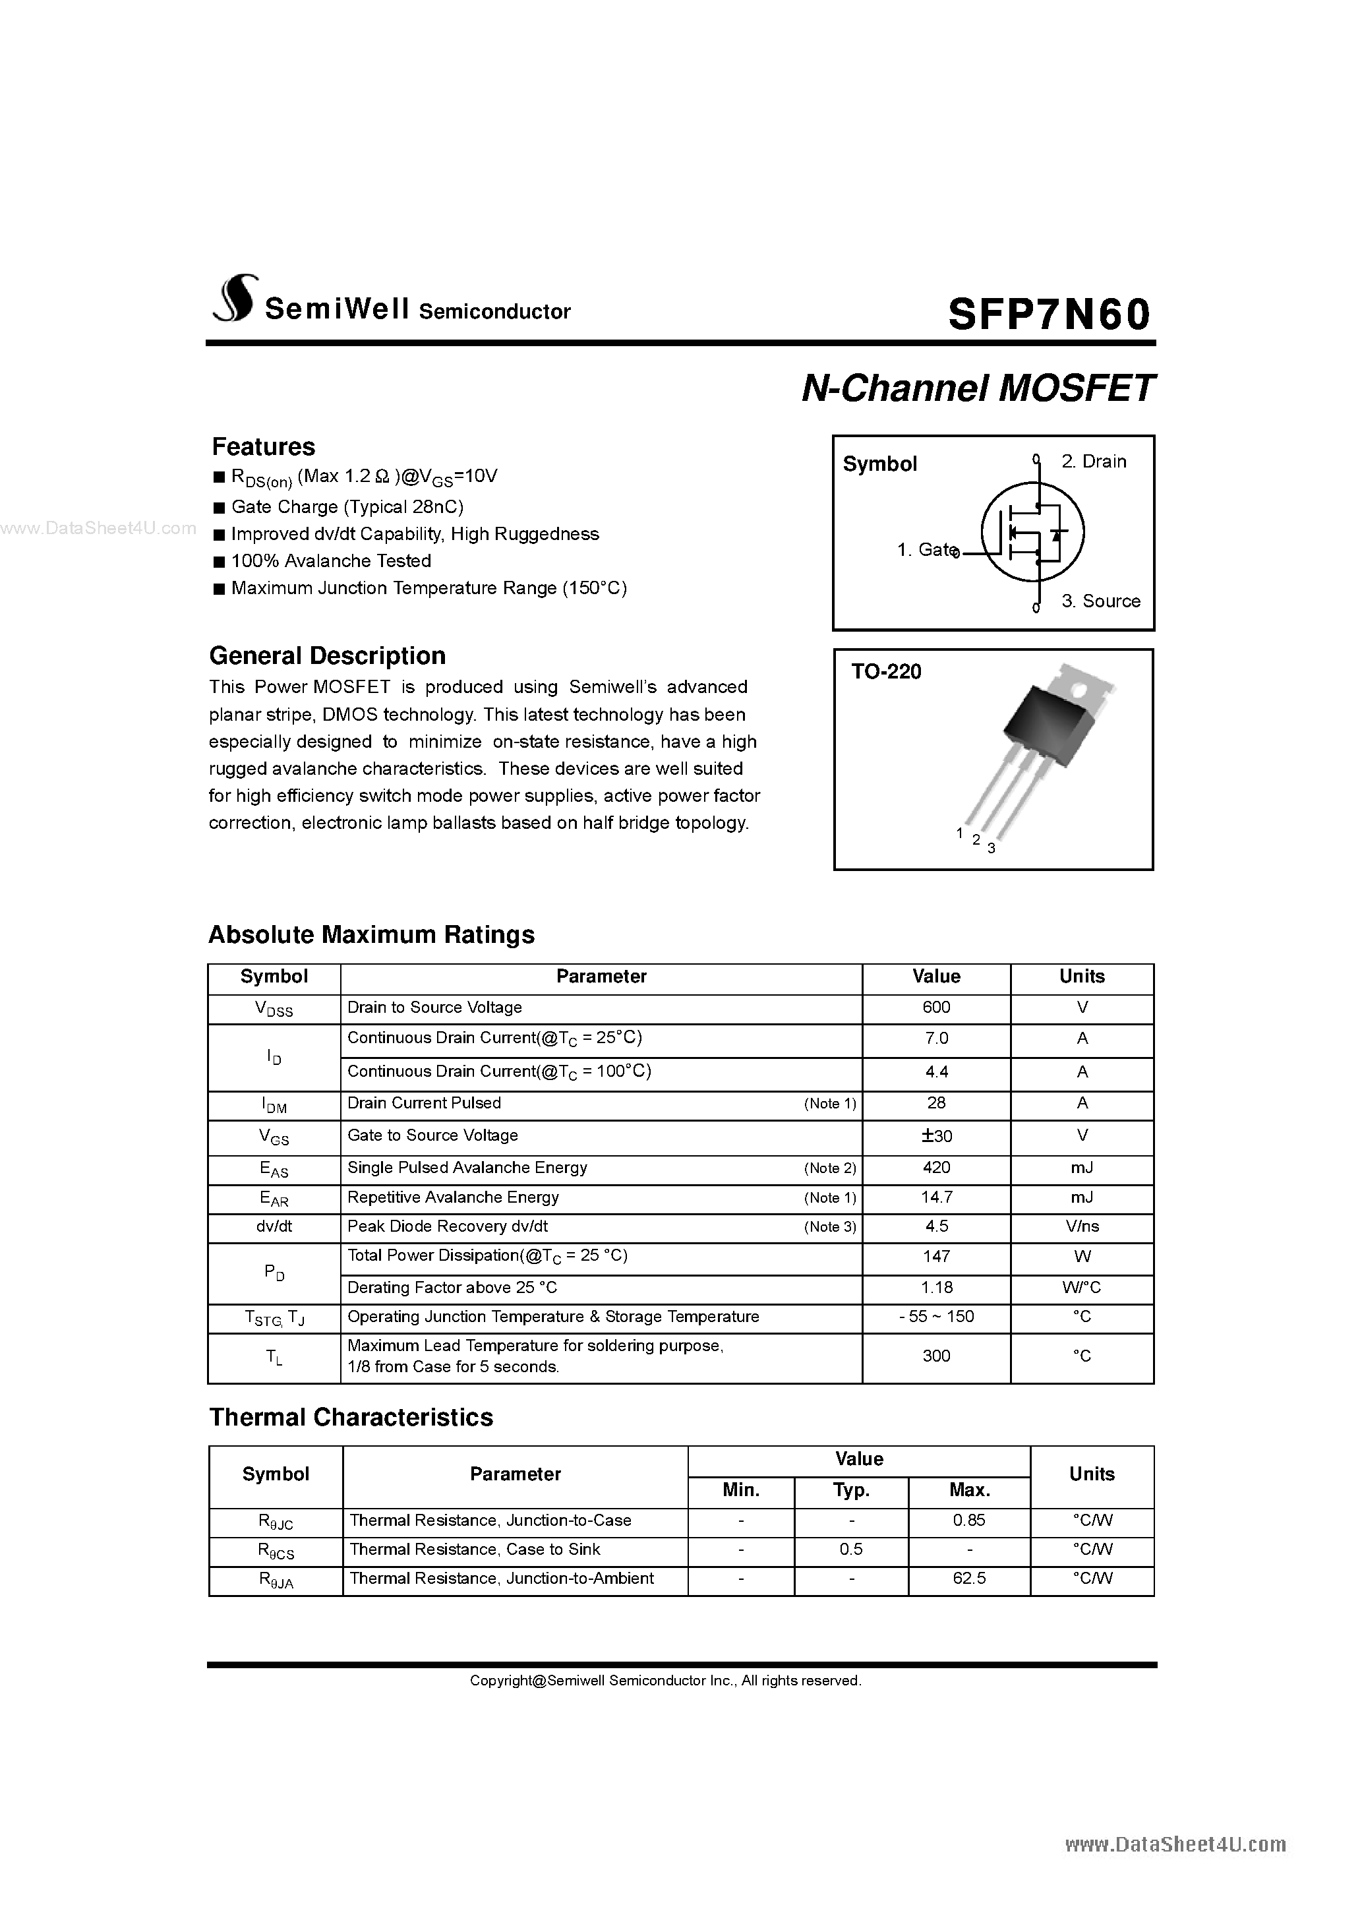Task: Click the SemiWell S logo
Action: [233, 299]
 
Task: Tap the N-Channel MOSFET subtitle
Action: [978, 389]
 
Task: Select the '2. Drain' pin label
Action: [1093, 462]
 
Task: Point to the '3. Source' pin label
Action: [1100, 601]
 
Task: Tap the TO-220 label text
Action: [886, 672]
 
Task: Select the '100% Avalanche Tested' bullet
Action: [331, 561]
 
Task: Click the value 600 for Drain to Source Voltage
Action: [935, 1008]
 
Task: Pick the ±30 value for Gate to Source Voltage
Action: [935, 1136]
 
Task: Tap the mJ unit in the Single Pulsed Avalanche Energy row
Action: [1082, 1168]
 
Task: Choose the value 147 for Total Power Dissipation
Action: [935, 1257]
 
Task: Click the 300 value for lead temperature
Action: [935, 1356]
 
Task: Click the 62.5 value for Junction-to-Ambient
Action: [969, 1579]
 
